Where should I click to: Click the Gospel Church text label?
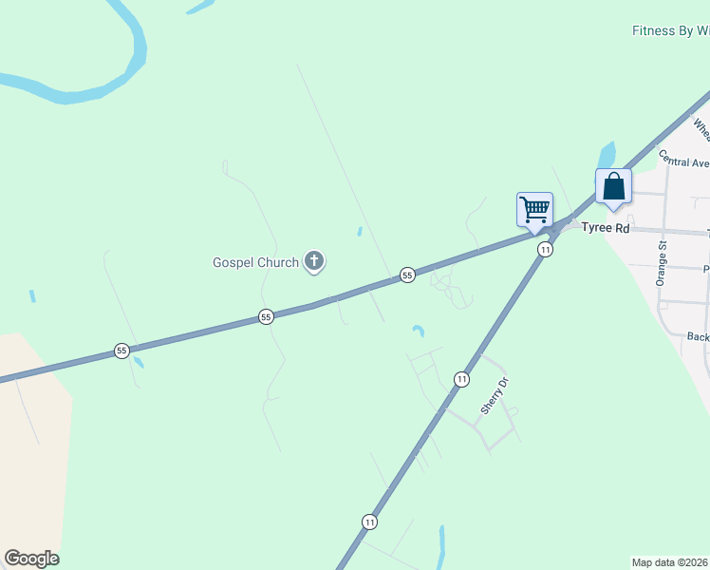point(254,262)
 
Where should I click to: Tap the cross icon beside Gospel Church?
point(314,261)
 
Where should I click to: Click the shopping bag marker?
point(613,186)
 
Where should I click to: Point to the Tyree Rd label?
point(606,228)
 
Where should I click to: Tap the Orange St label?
point(662,265)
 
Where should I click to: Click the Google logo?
point(31,559)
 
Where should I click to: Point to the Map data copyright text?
point(670,561)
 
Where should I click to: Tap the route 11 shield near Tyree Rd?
point(544,249)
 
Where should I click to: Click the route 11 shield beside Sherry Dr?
point(461,379)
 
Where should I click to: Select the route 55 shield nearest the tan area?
point(121,351)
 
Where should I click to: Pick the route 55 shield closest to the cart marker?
point(407,275)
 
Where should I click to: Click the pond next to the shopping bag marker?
point(606,155)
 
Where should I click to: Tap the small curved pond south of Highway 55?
point(418,331)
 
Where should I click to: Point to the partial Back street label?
point(698,336)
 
